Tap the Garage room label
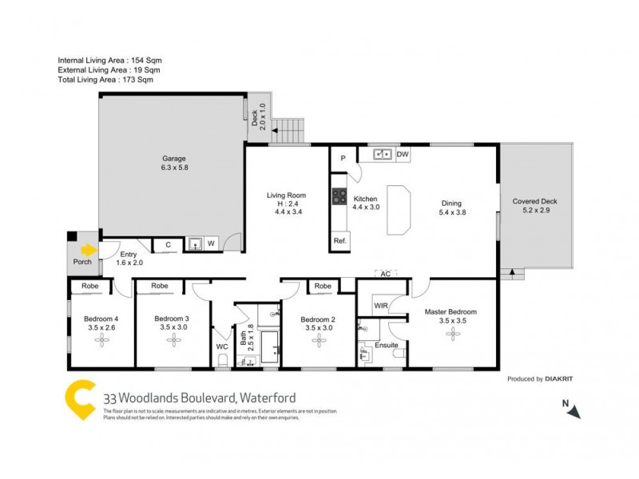173,159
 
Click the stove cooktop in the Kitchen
339,198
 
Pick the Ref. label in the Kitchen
340,241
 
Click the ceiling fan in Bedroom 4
101,340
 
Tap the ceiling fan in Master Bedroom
452,337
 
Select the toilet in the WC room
223,360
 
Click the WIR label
380,305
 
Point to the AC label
385,274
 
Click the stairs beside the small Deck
288,130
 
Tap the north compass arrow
573,410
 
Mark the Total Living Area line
105,80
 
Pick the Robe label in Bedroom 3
160,285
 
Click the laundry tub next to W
195,244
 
